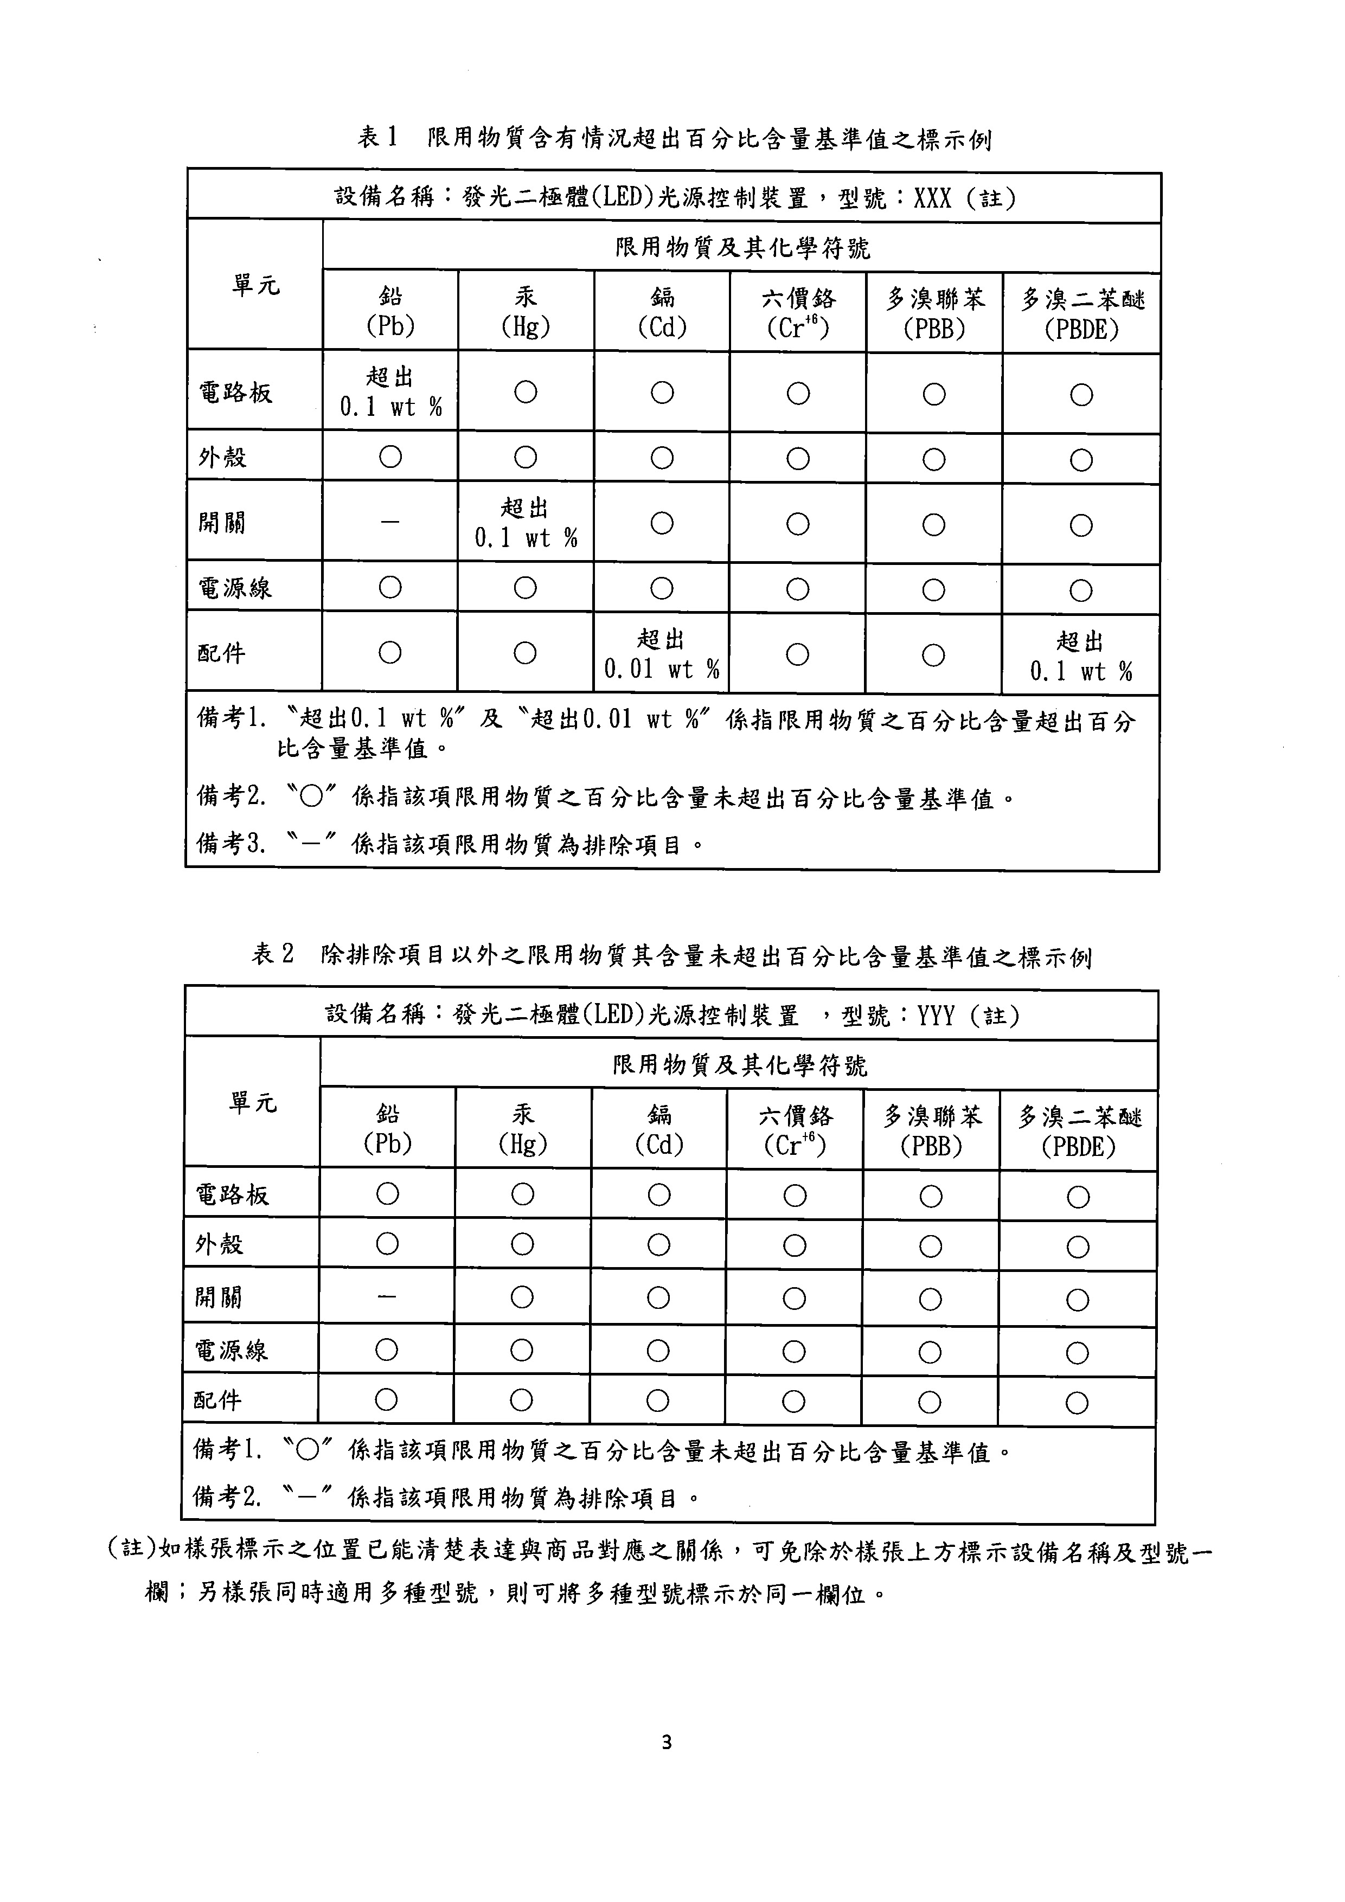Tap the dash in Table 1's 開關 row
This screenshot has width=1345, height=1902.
[390, 523]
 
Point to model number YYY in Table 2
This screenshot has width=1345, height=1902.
[936, 1016]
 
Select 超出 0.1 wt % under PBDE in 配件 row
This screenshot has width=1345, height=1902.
[1081, 656]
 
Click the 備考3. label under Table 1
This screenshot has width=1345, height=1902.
[231, 844]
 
